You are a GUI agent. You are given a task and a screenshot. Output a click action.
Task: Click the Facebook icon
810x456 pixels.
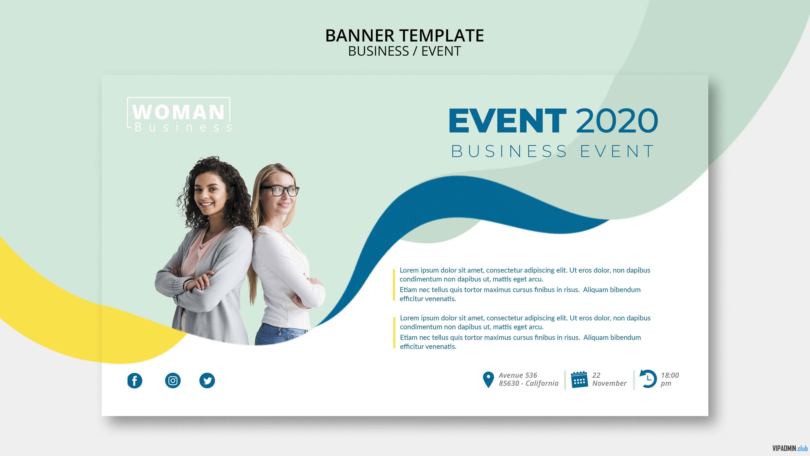(x=135, y=381)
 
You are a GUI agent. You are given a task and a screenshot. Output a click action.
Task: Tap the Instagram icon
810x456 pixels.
(x=173, y=381)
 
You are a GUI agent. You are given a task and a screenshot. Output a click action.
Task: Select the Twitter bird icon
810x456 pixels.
(x=207, y=381)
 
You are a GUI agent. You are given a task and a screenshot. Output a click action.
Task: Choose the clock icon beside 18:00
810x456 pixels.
(x=648, y=379)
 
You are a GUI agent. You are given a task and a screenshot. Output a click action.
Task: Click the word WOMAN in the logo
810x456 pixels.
(x=179, y=112)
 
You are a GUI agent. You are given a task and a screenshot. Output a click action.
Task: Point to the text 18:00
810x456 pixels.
(x=670, y=375)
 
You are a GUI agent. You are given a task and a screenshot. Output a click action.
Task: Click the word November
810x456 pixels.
(x=609, y=383)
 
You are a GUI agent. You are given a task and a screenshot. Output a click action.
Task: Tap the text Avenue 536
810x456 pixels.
(x=518, y=375)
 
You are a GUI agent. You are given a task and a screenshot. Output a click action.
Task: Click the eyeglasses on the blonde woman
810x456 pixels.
(x=279, y=191)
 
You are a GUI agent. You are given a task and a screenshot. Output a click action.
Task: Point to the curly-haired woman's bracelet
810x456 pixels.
(x=187, y=285)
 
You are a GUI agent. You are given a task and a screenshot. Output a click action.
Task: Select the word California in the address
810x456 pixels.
(x=542, y=383)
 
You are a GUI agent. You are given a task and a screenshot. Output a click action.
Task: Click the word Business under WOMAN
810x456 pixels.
(x=183, y=127)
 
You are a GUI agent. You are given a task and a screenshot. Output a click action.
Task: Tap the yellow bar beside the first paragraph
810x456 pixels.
(x=394, y=285)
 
